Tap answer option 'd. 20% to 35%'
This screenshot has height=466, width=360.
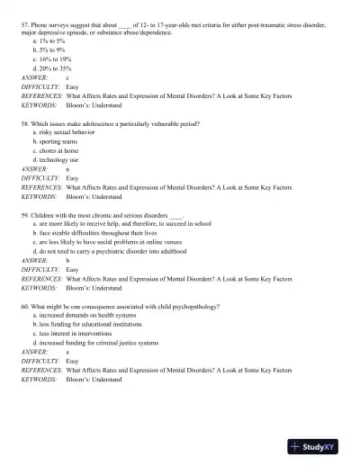(51, 67)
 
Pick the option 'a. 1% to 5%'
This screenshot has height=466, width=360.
(49, 41)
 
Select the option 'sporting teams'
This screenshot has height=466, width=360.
(58, 142)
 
